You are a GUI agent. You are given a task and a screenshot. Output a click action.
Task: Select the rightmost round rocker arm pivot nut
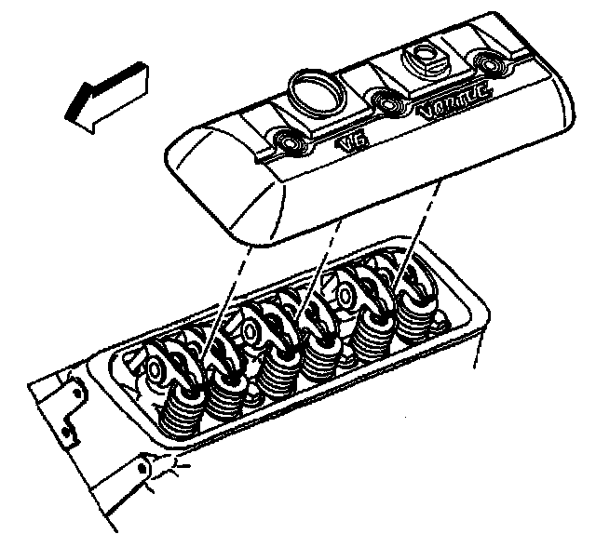point(345,296)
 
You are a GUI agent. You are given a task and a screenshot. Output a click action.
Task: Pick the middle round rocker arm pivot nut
point(250,333)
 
